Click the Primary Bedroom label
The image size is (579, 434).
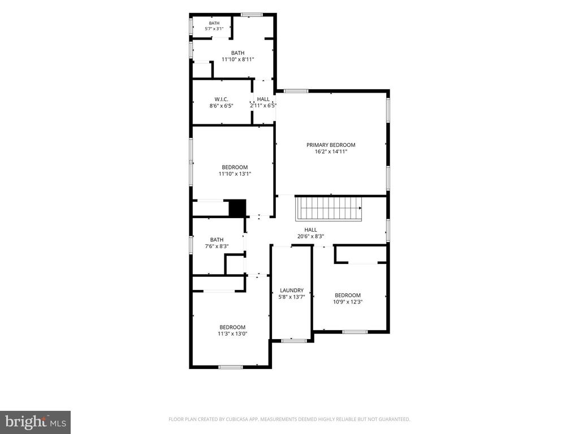tap(331, 145)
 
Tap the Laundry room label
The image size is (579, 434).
tap(292, 290)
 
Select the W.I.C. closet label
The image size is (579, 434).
tap(221, 99)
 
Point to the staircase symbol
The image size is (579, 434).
tap(329, 209)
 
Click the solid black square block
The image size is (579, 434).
tap(237, 208)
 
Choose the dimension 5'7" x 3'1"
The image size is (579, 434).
tap(214, 28)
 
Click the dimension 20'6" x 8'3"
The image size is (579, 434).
tap(310, 237)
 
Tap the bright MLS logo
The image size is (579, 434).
tap(36, 422)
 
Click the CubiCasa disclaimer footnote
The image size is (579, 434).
tap(289, 419)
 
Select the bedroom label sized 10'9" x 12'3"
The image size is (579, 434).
tap(348, 295)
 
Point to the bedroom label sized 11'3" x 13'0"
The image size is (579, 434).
tap(232, 327)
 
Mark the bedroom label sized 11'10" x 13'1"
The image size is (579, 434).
tap(235, 167)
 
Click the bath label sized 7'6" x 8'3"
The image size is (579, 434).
tap(217, 240)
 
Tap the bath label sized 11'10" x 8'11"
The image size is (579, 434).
tap(238, 53)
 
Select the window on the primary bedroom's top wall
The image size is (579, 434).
tap(296, 91)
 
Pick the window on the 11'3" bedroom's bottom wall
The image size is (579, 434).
tap(231, 367)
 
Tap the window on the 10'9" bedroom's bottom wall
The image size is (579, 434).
tap(355, 332)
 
